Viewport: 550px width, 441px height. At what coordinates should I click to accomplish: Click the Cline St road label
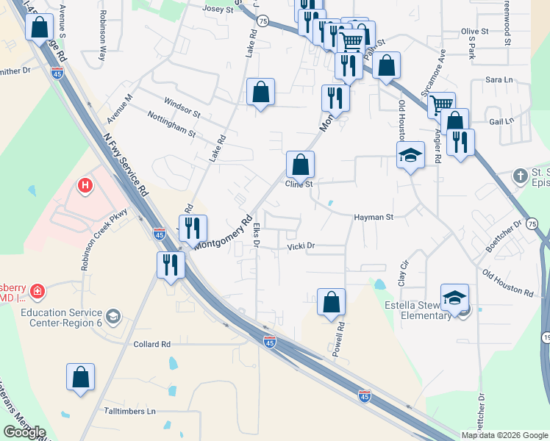click(299, 184)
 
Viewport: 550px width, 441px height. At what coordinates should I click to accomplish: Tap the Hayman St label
click(374, 218)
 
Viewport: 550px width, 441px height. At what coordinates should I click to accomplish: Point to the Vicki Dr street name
click(301, 247)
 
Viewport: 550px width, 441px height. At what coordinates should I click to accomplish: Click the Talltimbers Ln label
click(130, 411)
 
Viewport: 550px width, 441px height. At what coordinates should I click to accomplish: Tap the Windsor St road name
click(182, 104)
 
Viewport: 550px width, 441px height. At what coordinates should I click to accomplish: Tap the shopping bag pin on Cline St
click(300, 164)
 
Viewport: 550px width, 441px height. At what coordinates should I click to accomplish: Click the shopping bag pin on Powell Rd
click(331, 301)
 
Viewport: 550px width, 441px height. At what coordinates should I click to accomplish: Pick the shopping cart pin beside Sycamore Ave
click(441, 105)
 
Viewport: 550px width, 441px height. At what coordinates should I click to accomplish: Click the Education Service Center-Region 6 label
click(62, 318)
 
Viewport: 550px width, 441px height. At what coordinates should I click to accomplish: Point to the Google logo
click(24, 432)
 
